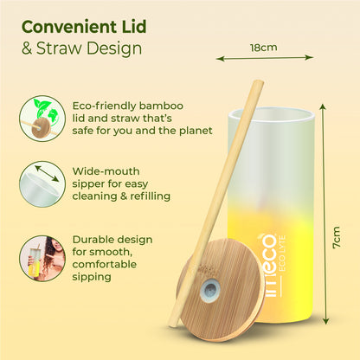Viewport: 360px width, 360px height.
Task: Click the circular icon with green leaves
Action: coord(39,117)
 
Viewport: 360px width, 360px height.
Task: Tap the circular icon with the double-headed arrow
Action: coord(39,185)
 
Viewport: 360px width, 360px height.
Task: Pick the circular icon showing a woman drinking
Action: coord(39,257)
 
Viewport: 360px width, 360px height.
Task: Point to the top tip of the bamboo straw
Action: coord(257,84)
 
